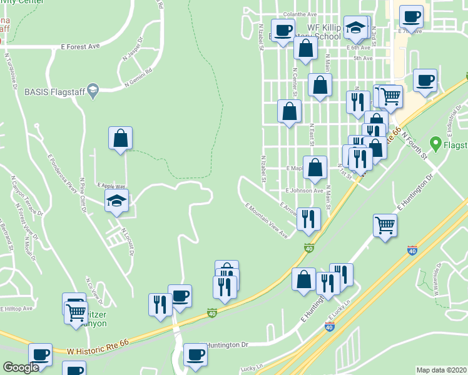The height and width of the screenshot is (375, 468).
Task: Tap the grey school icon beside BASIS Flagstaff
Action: pos(93,91)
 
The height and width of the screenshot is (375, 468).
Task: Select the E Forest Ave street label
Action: pos(81,46)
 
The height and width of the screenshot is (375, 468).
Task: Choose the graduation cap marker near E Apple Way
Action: pos(117,201)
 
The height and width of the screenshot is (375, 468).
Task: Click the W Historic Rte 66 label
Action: pos(98,354)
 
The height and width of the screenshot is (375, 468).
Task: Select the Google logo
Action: pos(21,367)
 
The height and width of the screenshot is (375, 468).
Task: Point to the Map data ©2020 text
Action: pos(441,370)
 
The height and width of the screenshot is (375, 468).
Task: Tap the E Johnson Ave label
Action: pos(303,191)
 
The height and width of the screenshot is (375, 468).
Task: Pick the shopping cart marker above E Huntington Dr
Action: pos(385,224)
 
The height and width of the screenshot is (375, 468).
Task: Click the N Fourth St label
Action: pos(414,144)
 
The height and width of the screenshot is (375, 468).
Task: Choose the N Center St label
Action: pos(294,83)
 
